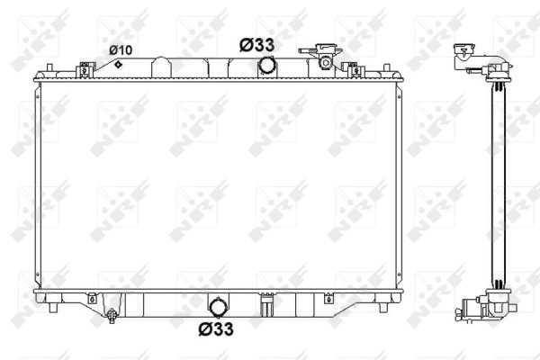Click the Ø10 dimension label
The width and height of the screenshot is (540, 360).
121,49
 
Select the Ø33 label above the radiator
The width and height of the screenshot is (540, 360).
257,43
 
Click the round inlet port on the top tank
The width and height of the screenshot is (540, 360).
266,66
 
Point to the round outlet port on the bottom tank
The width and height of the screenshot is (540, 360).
218,303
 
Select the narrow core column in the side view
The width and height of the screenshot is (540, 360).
495,180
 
